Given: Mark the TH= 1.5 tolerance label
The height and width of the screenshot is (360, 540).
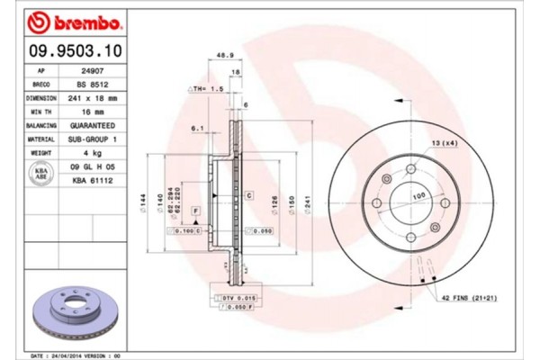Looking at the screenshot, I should point(207,90).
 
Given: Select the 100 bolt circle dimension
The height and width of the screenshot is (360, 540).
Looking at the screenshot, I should point(418,194).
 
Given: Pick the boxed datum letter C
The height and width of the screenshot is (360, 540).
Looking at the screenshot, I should point(247,194).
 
